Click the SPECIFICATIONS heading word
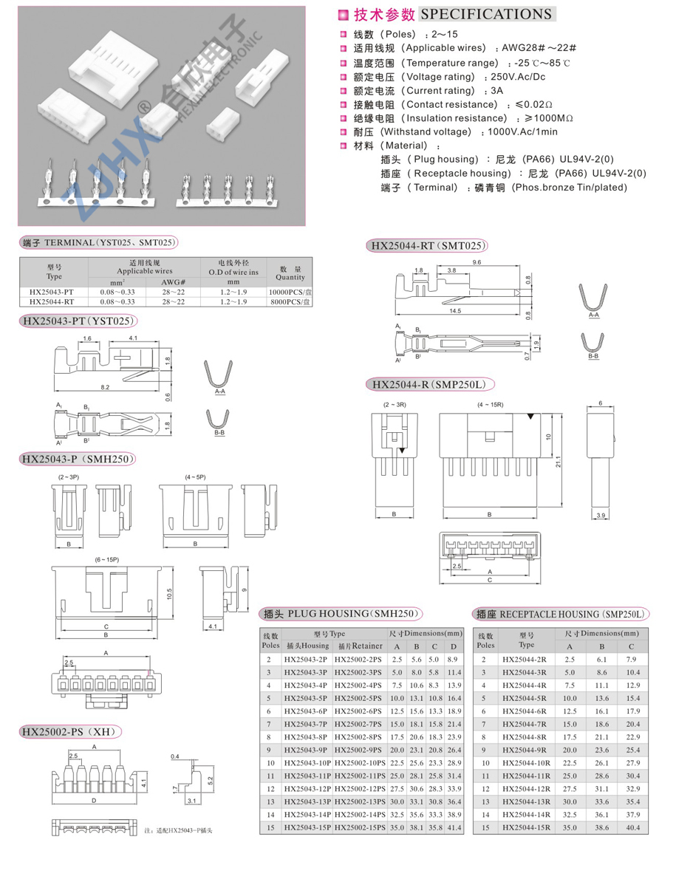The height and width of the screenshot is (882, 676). pos(486,14)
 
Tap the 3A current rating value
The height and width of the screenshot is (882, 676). pos(496,91)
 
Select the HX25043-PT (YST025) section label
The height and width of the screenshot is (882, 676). pos(78,321)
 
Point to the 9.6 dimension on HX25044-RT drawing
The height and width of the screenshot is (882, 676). pos(477,262)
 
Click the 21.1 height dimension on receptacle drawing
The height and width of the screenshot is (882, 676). pos(558,461)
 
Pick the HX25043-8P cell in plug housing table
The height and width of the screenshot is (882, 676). pos(305,737)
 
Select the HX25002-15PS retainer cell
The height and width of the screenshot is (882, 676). pos(360,827)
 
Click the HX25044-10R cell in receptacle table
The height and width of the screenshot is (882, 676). pos(527,763)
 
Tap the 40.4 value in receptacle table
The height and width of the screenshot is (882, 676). pos(632,827)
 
